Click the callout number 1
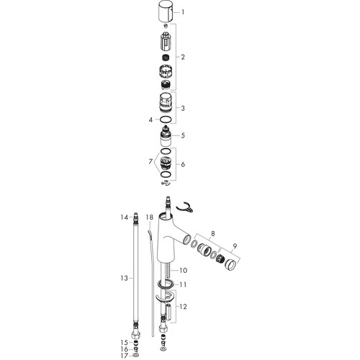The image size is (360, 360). tap(183, 12)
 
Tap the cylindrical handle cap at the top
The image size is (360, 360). tap(166, 12)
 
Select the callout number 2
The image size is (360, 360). tap(183, 57)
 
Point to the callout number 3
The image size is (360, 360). tap(183, 108)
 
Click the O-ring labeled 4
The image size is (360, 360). tap(166, 119)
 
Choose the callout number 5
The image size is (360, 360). tap(183, 135)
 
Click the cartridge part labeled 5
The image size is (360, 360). tap(166, 136)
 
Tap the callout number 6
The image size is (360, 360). tap(183, 164)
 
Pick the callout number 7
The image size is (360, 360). tap(150, 162)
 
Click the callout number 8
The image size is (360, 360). tap(212, 233)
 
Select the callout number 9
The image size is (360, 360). tap(235, 246)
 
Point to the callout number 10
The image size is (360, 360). tap(183, 271)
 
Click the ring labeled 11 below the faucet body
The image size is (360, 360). tap(166, 284)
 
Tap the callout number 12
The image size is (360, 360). tap(183, 307)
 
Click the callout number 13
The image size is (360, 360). tap(125, 279)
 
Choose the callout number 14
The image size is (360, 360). tap(125, 217)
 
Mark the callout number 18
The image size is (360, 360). tap(149, 217)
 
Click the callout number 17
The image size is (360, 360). tap(125, 356)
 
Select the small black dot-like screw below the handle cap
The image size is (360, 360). tap(166, 26)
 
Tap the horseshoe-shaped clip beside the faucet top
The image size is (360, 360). tap(185, 208)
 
